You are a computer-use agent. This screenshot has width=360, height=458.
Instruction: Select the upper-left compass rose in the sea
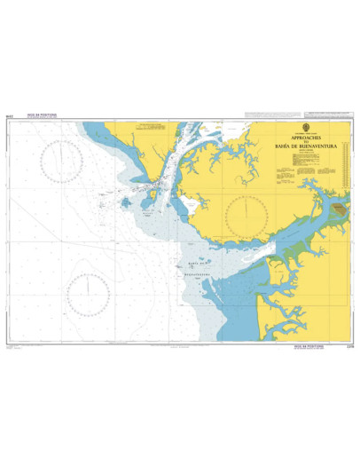[x=61, y=161]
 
